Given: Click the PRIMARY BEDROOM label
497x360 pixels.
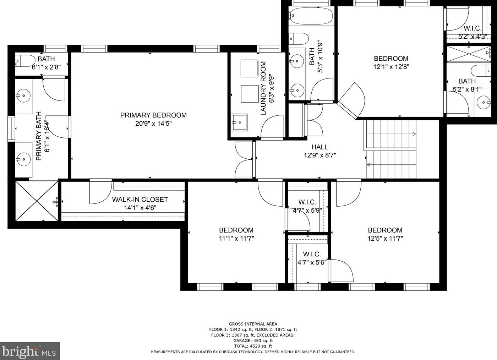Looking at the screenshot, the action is [153, 115].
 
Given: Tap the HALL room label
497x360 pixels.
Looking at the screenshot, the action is [320, 147].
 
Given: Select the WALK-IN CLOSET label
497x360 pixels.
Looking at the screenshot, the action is [140, 200].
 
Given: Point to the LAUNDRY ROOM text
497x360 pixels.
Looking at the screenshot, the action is [263, 88].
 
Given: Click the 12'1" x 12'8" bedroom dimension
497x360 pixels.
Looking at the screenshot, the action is [391, 67].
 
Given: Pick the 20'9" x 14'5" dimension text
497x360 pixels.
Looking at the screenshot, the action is [153, 124].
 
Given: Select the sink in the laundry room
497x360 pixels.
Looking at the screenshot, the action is [239, 122].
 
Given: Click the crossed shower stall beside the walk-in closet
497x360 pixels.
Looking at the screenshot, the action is [37, 201].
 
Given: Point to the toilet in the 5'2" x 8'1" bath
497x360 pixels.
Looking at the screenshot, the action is [481, 71].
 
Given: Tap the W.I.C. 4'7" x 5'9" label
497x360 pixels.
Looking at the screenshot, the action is [307, 206].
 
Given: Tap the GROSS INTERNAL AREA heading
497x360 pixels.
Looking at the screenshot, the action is [253, 324].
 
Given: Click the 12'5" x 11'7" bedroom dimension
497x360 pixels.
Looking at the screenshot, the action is [385, 238].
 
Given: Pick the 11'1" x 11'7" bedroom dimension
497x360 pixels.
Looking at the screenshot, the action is [236, 238].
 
